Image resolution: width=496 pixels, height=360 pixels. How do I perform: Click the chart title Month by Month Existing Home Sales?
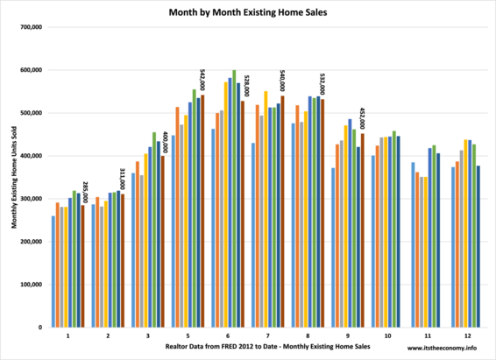[248, 12]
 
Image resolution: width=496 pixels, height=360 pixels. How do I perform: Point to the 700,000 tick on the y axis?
[32, 27]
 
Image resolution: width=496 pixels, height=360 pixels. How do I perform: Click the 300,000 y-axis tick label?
[32, 199]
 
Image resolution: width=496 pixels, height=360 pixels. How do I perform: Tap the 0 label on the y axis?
[40, 328]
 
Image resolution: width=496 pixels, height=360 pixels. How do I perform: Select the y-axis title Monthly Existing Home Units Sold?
[14, 177]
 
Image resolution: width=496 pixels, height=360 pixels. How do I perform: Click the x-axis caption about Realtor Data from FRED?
[267, 346]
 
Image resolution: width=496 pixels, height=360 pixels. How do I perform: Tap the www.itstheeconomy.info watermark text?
[442, 348]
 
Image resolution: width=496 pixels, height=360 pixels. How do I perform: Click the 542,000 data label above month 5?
[202, 81]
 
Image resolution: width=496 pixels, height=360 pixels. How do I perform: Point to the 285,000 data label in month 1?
[85, 192]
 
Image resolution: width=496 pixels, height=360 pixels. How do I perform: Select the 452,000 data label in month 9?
[362, 118]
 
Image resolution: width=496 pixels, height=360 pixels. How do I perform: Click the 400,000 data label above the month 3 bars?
[165, 142]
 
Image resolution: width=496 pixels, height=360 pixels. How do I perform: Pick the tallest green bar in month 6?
[234, 199]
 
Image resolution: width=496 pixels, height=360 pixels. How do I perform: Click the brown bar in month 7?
[282, 211]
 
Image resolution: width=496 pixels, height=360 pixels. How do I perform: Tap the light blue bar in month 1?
[53, 272]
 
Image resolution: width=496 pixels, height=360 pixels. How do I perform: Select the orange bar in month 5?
[178, 217]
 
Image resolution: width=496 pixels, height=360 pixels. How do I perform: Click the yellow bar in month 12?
[465, 233]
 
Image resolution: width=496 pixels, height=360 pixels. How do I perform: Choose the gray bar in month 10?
[381, 232]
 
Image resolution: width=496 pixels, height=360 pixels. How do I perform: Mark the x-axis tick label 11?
[428, 336]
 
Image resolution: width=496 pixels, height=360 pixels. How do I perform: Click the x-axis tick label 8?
[308, 336]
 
